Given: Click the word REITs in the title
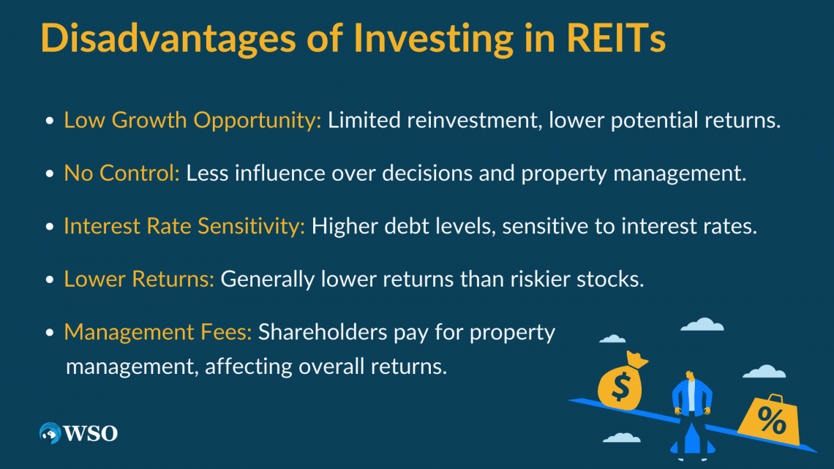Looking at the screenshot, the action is tap(616, 38).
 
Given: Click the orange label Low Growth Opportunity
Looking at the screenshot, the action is tap(192, 121).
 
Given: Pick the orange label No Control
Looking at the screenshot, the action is tap(121, 173).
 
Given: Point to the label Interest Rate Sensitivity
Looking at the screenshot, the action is tap(184, 227).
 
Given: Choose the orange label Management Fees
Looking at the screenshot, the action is tap(158, 332).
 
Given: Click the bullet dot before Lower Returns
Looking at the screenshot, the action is tap(50, 279).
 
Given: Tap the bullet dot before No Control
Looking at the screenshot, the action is tap(50, 174).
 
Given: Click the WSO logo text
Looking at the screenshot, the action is tap(91, 433).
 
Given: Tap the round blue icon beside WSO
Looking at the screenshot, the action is tap(50, 433).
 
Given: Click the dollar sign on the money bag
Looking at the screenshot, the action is tap(620, 386).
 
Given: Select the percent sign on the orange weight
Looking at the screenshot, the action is tap(772, 420).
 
